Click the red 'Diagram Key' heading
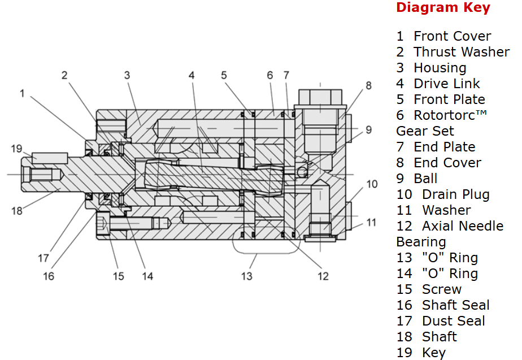click(x=443, y=8)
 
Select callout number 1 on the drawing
click(x=23, y=93)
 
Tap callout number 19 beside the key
click(x=17, y=149)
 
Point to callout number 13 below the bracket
click(x=247, y=276)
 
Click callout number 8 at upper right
click(x=368, y=86)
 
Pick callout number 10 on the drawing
click(x=372, y=184)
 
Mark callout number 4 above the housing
click(x=192, y=75)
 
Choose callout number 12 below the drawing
click(x=323, y=276)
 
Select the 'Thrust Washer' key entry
click(x=461, y=52)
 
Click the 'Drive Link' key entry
click(x=446, y=84)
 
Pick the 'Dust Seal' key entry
click(x=453, y=321)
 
